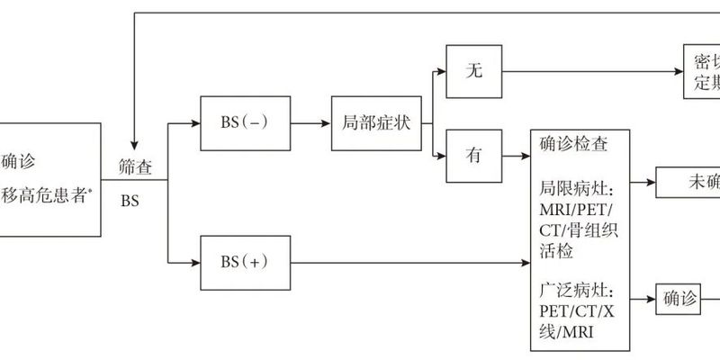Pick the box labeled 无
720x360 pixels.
pos(475,72)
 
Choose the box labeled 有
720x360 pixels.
pos(475,155)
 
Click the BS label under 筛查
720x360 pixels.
pos(130,201)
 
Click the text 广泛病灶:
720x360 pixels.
pos(576,292)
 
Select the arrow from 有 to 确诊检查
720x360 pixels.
pos(517,155)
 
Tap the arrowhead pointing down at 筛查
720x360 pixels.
pos(133,145)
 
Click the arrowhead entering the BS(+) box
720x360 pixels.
pos(193,262)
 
